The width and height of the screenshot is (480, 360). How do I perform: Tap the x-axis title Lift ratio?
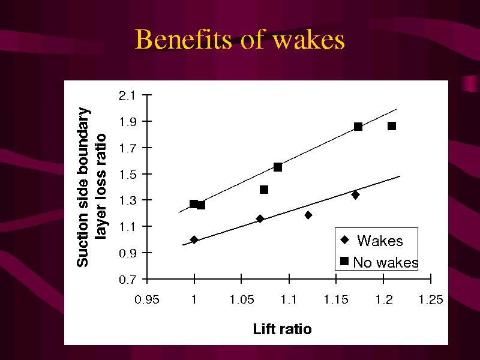(282, 329)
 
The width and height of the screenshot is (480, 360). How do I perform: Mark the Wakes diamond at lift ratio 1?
(194, 239)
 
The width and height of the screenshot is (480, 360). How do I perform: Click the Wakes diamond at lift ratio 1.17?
(355, 194)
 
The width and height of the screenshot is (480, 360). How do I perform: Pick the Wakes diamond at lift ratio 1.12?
(308, 215)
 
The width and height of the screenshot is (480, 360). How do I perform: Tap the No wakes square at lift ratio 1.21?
(392, 126)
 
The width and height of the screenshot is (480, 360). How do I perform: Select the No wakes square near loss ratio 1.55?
(278, 167)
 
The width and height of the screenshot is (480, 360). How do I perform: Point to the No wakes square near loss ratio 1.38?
(264, 190)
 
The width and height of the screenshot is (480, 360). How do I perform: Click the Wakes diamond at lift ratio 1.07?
(260, 218)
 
